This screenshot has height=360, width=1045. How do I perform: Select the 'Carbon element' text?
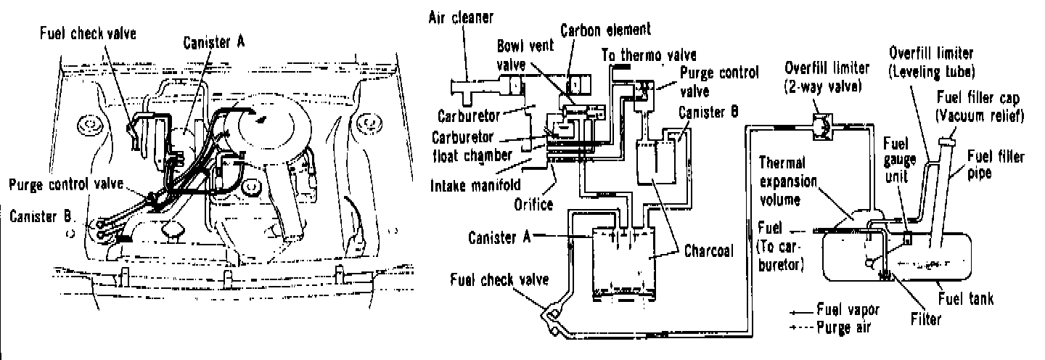click(606, 30)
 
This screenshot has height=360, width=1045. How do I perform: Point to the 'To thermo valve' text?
click(650, 55)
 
